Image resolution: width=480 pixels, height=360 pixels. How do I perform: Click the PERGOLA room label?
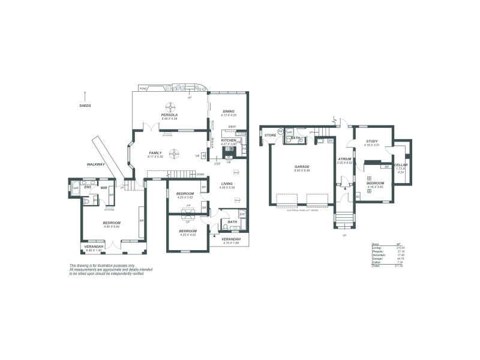click(x=170, y=115)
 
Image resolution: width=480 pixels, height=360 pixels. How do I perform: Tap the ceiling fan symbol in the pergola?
click(x=170, y=107)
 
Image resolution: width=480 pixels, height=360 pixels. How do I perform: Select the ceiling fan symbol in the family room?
click(x=173, y=152)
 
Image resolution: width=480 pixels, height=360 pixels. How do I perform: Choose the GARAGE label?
click(x=302, y=167)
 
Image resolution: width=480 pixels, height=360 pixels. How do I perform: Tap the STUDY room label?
click(x=372, y=142)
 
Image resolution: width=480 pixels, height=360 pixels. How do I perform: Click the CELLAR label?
click(x=401, y=164)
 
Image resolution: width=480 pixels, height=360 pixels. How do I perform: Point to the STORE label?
click(x=271, y=136)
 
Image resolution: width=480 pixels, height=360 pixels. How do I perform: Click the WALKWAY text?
click(x=96, y=164)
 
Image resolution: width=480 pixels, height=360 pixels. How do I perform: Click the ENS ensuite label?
click(x=88, y=187)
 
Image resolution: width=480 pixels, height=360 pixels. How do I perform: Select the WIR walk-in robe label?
click(x=104, y=187)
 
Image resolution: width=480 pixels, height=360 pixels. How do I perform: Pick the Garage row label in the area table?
click(x=377, y=258)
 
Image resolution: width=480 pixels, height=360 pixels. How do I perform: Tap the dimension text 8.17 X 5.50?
click(x=155, y=157)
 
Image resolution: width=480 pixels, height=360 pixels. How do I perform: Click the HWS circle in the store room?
click(x=280, y=131)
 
